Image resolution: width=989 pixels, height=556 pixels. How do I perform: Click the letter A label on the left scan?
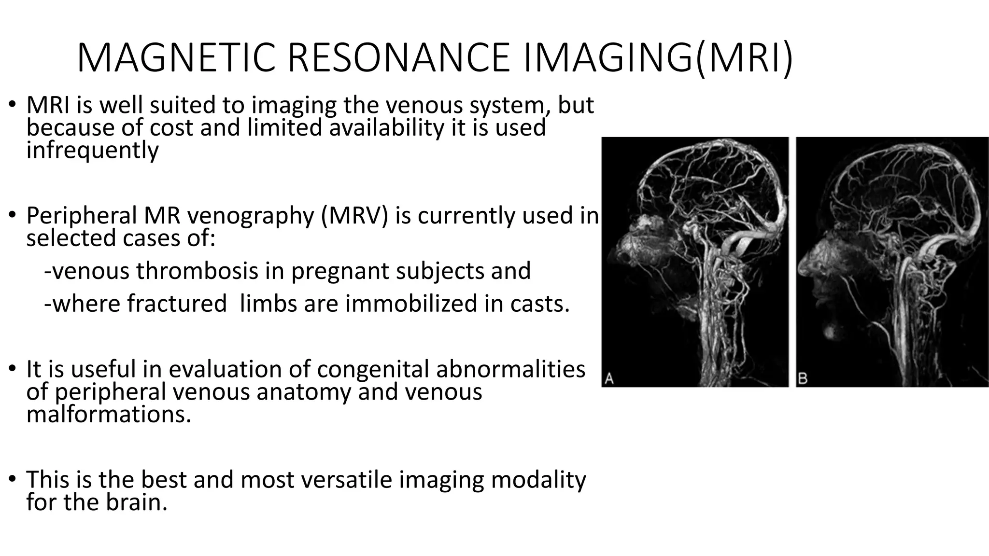[609, 379]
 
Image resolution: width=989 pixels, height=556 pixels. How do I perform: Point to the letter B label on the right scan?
[803, 379]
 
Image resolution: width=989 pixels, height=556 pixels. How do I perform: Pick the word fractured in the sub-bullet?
[177, 304]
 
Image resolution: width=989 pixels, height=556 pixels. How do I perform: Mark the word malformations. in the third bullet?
[109, 415]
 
